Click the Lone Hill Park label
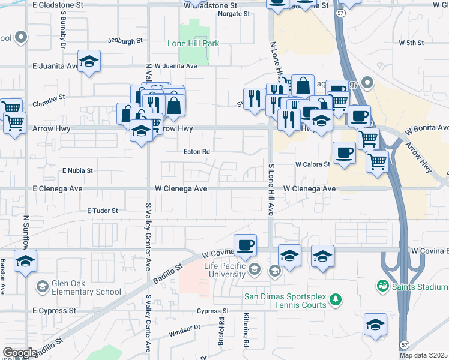193,44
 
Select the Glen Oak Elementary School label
78,292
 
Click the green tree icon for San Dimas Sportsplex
336,299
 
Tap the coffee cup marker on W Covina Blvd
245,245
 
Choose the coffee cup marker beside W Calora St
344,153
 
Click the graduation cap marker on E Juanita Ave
89,61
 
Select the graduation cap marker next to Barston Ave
25,262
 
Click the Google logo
19,353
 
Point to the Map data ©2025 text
423,355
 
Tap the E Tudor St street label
103,211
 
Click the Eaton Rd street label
196,152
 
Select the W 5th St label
411,43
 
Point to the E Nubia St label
78,170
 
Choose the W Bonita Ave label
427,128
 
